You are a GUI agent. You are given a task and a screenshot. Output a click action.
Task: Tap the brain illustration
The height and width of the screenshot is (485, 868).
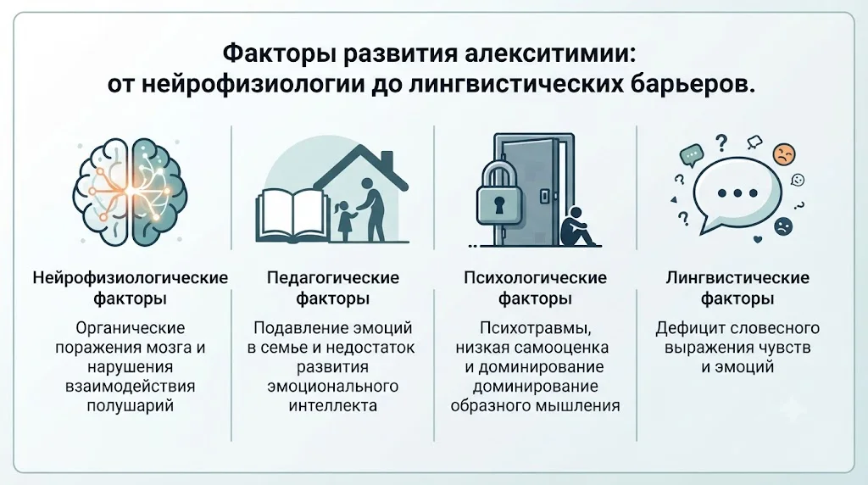[x=131, y=191]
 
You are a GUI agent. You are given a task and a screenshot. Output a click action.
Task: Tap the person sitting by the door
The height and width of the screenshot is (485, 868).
[x=576, y=227]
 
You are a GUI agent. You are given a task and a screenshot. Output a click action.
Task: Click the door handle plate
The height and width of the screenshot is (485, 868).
[x=545, y=195]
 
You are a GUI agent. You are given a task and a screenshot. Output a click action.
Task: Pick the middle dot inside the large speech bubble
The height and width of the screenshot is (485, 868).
[x=737, y=193]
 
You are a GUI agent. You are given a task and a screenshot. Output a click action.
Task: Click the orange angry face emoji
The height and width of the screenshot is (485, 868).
[x=783, y=154]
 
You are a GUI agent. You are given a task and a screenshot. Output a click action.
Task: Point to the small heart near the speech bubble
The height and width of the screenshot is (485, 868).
[x=758, y=240]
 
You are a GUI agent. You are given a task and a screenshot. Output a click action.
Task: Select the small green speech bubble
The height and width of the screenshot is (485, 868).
[x=692, y=154]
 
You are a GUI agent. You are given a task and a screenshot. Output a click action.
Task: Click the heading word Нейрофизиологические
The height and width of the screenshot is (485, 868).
[x=130, y=277]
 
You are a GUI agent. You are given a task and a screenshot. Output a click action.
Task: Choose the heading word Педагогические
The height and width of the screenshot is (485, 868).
[x=332, y=277]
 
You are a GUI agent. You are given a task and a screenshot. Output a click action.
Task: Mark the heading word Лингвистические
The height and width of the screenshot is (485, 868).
[x=737, y=277]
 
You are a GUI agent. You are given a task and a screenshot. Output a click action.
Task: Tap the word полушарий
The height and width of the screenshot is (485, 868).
[x=130, y=406]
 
